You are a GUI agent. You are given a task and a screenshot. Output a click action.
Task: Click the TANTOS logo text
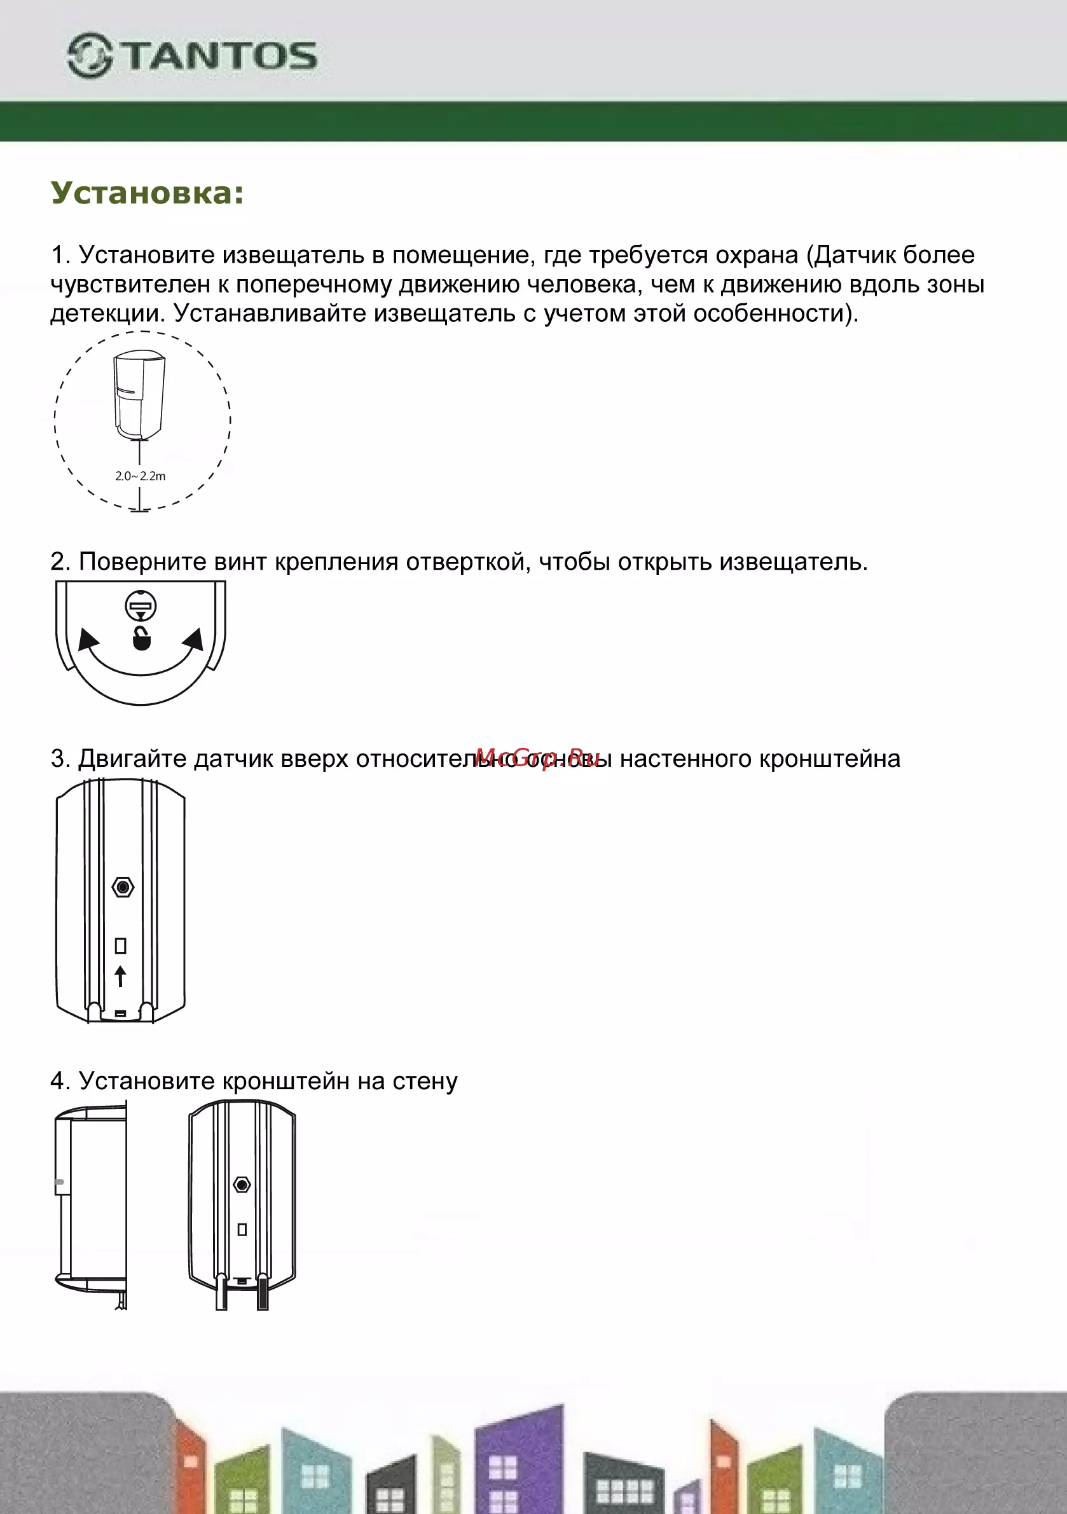point(220,56)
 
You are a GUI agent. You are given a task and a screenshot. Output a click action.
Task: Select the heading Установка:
point(147,193)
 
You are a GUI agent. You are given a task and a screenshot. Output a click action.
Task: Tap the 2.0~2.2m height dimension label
point(141,476)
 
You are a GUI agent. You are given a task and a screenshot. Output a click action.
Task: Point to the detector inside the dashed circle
point(140,394)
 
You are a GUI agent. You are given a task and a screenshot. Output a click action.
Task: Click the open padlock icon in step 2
point(142,638)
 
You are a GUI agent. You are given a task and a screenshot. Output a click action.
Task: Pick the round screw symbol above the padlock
point(141,606)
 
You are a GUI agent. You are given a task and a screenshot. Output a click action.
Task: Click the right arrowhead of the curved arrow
point(194,639)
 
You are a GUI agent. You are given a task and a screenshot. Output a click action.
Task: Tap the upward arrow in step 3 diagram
point(120,976)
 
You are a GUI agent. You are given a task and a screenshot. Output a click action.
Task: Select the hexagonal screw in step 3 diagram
point(123,887)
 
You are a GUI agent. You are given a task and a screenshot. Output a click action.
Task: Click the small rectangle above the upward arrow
point(121,946)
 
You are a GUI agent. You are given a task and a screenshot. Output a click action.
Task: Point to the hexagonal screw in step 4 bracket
point(242,1185)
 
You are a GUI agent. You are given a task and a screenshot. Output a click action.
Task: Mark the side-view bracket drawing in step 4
point(91,1205)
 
